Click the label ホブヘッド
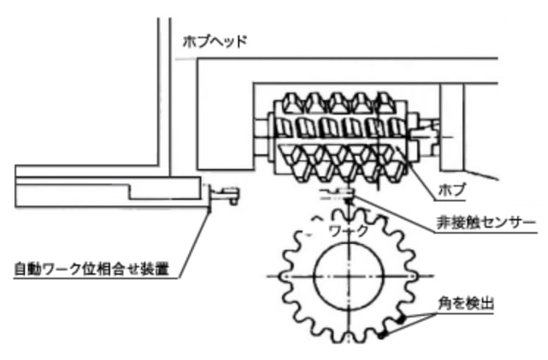point(214,41)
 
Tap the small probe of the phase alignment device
point(226,194)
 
